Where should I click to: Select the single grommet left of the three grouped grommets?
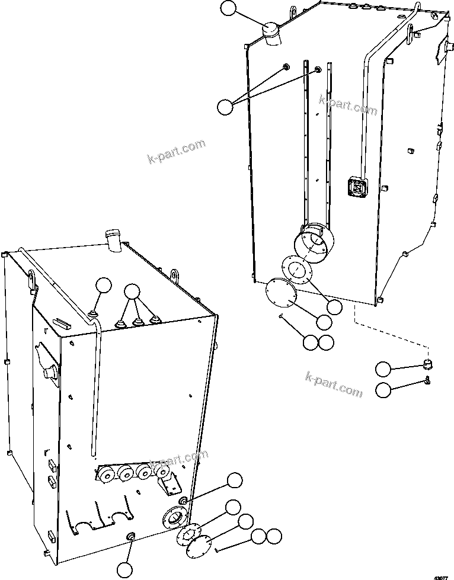pos(94,312)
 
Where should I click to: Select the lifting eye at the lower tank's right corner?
pos(175,276)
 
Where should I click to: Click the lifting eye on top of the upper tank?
pos(293,12)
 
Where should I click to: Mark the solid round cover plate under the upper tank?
pos(280,293)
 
